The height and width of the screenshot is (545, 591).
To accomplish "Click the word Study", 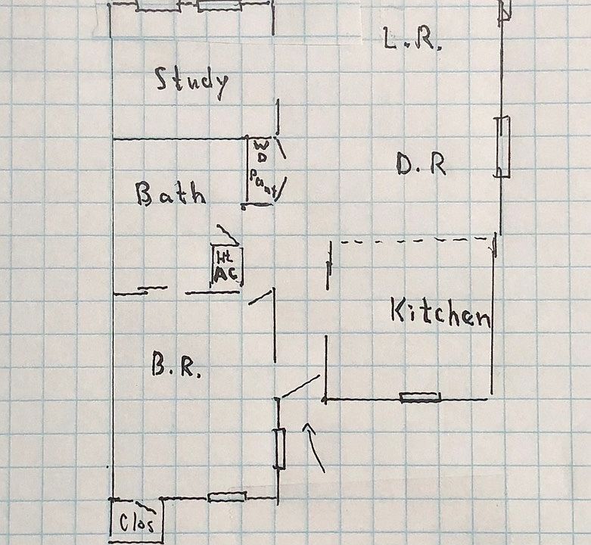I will [191, 81].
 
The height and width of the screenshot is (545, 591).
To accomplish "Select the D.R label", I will [421, 165].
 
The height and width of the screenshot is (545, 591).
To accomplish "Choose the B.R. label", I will [176, 368].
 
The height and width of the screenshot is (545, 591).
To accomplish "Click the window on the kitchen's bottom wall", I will [420, 397].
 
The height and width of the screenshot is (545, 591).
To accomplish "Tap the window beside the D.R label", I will [503, 147].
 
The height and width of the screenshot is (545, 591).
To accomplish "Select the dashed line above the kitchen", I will [412, 241].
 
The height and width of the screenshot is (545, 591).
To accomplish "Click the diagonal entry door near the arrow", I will [300, 386].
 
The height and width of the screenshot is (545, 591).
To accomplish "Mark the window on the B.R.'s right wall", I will [279, 448].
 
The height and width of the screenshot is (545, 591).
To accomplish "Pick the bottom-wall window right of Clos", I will [226, 497].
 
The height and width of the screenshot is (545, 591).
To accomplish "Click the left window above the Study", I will [157, 6].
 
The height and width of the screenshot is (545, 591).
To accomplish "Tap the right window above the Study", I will [219, 6].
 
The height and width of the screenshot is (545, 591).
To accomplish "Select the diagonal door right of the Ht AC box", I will [261, 297].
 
